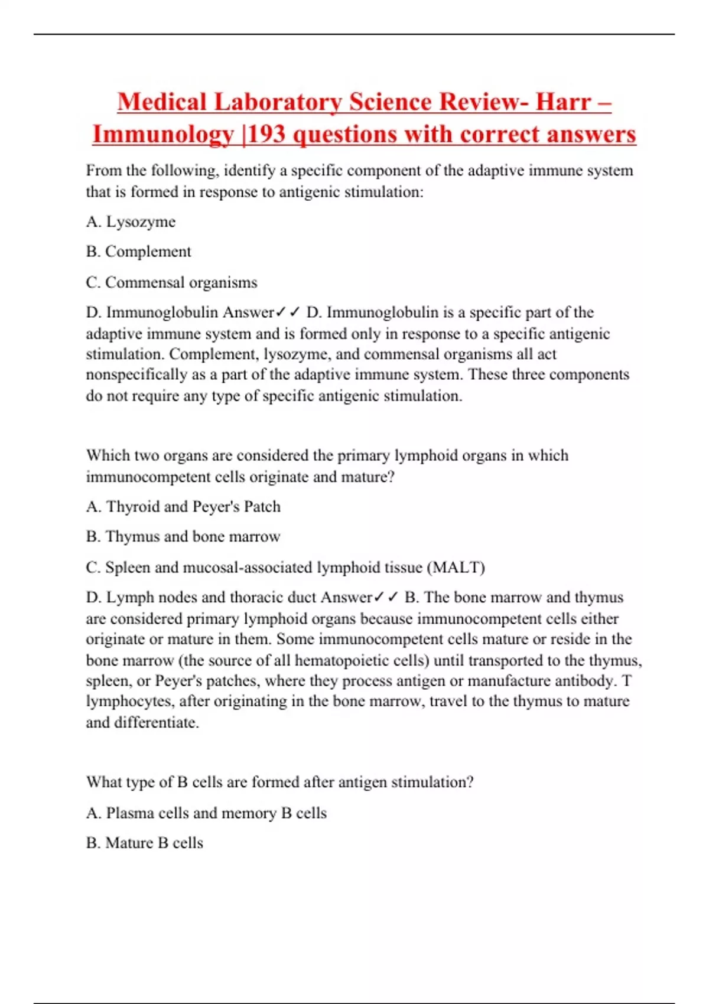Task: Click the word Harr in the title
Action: point(563,102)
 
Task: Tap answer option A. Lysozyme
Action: point(131,221)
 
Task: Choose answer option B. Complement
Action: point(138,252)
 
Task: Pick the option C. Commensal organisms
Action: point(171,282)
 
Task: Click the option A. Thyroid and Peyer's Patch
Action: point(183,507)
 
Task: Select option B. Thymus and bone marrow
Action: point(183,536)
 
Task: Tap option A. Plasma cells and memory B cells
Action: point(206,813)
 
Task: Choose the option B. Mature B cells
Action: point(144,843)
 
